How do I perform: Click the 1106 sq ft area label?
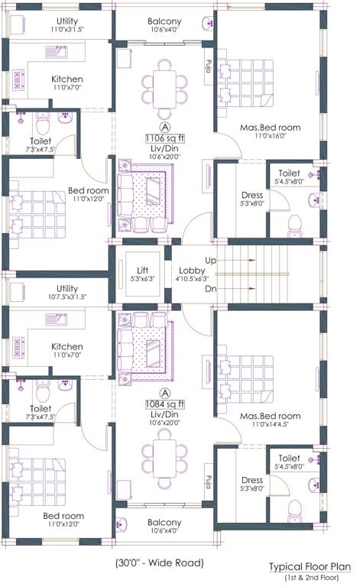164,138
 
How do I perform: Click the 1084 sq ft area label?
164,403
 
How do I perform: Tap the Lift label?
142,271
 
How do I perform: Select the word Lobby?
191,271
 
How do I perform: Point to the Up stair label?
211,261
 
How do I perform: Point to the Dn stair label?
211,289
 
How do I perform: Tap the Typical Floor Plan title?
310,567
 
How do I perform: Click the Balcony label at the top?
164,21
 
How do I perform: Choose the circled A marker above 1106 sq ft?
164,125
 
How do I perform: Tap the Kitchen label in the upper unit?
67,79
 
